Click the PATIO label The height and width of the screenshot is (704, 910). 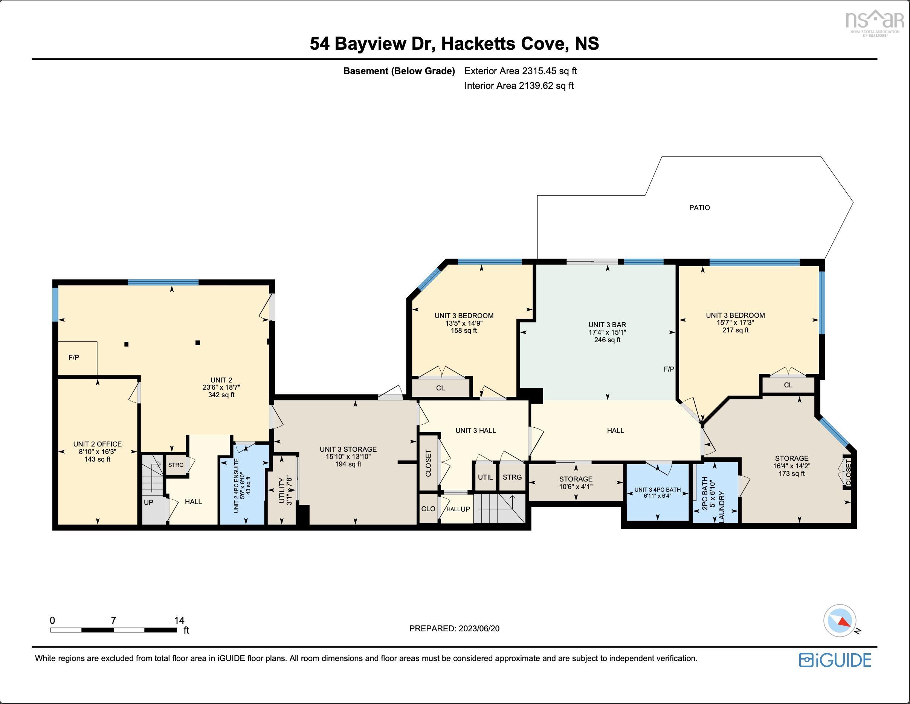pyautogui.click(x=699, y=207)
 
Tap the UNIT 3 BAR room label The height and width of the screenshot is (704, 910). pyautogui.click(x=607, y=325)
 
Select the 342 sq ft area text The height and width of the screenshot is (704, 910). pyautogui.click(x=221, y=395)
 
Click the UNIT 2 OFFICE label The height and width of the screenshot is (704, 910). pyautogui.click(x=98, y=444)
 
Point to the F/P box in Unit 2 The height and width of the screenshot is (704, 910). pyautogui.click(x=74, y=357)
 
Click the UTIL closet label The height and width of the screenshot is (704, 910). pyautogui.click(x=485, y=477)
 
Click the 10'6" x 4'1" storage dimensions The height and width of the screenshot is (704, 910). pyautogui.click(x=576, y=486)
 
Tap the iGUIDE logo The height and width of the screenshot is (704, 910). pyautogui.click(x=835, y=660)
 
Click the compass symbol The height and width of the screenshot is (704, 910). pyautogui.click(x=840, y=620)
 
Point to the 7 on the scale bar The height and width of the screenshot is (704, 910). pyautogui.click(x=113, y=620)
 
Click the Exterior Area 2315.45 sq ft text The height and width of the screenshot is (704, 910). pyautogui.click(x=521, y=71)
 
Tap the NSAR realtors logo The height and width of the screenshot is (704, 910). pyautogui.click(x=875, y=23)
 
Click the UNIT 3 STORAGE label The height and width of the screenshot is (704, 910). pyautogui.click(x=348, y=449)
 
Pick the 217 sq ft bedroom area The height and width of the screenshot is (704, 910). pyautogui.click(x=735, y=330)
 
